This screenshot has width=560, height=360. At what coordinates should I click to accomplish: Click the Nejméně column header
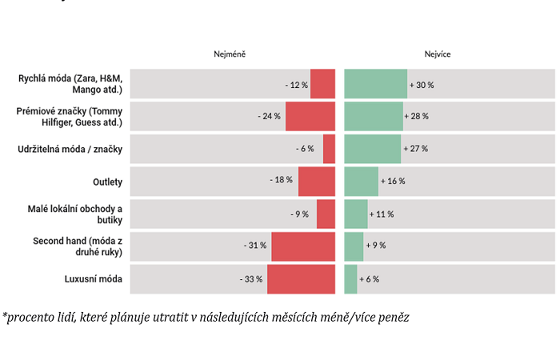pos(229,54)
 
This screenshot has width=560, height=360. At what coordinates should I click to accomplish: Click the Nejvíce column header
pos(438,54)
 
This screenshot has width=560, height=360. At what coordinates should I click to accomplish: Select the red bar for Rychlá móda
pos(323,84)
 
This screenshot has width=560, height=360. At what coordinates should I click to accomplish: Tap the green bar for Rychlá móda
pos(375,84)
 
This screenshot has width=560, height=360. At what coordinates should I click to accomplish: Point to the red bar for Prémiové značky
pos(310,116)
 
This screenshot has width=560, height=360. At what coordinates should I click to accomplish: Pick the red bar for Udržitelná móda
pos(330,149)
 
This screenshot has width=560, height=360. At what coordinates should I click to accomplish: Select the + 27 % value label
pos(416,149)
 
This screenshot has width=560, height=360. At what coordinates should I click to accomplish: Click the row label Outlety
pos(107,182)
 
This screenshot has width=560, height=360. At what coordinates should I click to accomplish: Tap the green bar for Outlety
pos(361,182)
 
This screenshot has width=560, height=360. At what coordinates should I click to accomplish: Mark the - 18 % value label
pos(282,181)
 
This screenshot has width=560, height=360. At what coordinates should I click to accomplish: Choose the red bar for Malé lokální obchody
pos(326,214)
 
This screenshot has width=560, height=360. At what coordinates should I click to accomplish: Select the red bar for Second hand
pos(303,246)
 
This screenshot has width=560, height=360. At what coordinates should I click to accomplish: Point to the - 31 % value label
pos(255,246)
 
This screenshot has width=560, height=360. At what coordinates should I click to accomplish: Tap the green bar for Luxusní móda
pos(350,279)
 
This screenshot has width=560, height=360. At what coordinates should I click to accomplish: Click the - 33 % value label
pos(251,279)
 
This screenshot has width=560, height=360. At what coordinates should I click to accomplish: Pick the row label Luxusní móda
pos(94,279)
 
